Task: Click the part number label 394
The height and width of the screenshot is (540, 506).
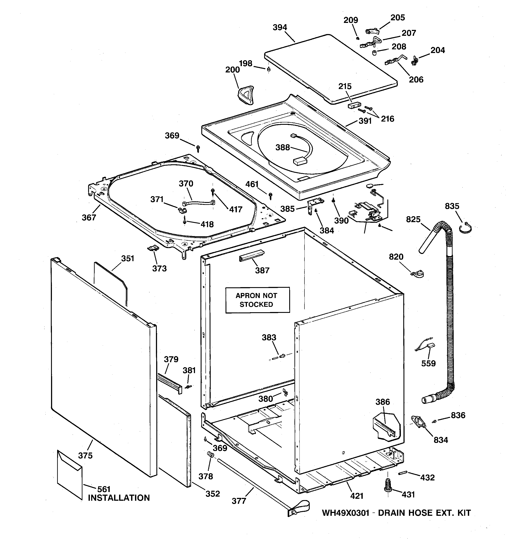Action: pos(280,27)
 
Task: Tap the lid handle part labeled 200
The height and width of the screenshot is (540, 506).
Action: pos(246,95)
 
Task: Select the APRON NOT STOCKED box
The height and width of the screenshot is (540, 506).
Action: pos(257,300)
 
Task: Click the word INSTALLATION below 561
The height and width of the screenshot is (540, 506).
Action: pos(119,498)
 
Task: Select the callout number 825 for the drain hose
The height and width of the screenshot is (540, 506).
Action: pos(413,219)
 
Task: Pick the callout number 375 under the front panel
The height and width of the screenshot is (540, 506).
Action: pos(85,456)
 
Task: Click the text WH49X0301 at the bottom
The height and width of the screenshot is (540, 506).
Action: pos(345,513)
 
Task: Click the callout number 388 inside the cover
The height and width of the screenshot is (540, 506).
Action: pos(282,147)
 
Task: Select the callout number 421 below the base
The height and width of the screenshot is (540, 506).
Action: pos(357,496)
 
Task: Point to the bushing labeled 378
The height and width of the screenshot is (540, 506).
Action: pos(210,455)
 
